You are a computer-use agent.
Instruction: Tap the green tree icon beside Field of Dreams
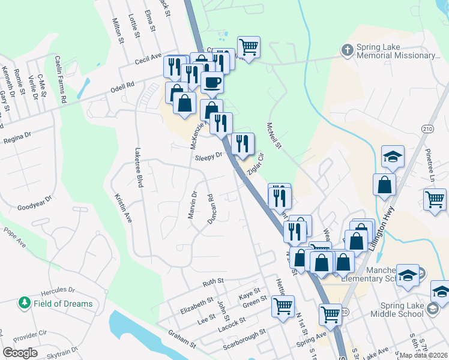[25, 304]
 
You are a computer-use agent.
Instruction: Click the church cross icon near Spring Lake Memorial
[347, 50]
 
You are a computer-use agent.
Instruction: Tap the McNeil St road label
[274, 136]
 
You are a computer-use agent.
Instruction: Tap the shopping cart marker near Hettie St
[282, 305]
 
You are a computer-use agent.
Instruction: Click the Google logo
[20, 352]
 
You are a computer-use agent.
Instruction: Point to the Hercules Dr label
[57, 290]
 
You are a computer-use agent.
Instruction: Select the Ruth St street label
[213, 281]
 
